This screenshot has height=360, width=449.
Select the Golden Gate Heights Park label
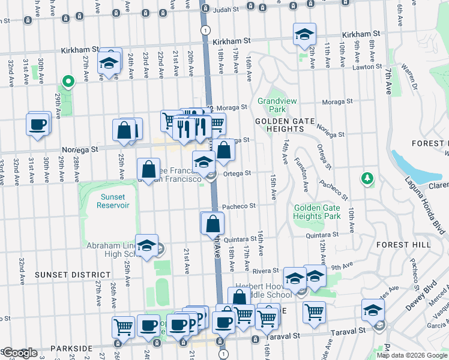point(317,212)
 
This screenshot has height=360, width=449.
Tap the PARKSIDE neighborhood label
point(71,348)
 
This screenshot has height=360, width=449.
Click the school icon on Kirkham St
point(304,34)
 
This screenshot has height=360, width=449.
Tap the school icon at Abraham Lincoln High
point(146,245)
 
